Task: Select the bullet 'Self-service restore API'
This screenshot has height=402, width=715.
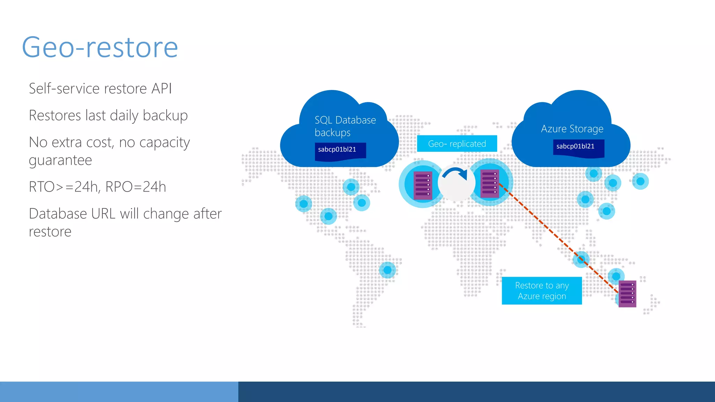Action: point(100,89)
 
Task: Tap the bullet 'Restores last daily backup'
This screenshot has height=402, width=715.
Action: point(108,116)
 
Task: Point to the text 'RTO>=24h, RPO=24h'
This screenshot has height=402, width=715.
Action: point(97,187)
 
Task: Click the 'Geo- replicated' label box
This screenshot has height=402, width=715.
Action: point(457,144)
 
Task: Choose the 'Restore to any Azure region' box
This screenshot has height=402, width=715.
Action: point(541,291)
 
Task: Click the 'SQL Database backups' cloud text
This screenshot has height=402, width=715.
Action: point(345,126)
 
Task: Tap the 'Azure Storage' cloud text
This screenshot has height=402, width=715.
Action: point(572,129)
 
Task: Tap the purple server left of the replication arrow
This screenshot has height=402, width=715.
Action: point(423,185)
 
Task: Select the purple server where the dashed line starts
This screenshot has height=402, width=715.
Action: point(489,183)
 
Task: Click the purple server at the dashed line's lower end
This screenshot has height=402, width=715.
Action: point(627,294)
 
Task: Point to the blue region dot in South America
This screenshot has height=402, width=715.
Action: point(387,270)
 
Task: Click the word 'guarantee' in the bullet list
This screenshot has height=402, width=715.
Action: point(60,161)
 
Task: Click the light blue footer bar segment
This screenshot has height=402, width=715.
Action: point(119,392)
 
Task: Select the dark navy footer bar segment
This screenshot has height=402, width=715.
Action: point(477,392)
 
